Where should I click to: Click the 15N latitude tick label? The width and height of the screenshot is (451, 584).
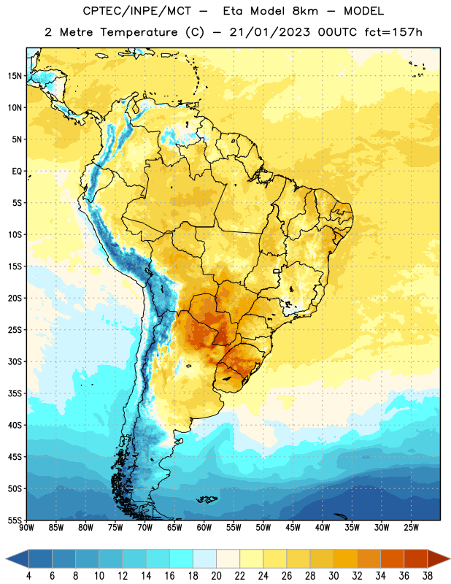point(15,76)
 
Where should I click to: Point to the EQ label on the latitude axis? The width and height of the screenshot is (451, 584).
point(17,172)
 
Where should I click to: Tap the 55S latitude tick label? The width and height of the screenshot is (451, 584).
point(15,520)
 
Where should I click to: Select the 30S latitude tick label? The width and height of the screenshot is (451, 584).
point(15,361)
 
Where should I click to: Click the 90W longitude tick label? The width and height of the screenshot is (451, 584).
point(26,528)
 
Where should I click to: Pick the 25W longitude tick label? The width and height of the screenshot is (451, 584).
point(411,528)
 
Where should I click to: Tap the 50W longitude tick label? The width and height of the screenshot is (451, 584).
point(263,528)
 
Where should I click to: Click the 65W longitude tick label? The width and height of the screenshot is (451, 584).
point(174,528)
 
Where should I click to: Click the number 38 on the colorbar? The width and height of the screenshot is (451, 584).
point(428,576)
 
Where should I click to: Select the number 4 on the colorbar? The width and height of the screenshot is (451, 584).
point(28,576)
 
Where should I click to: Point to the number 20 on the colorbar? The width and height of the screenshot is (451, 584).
point(216,576)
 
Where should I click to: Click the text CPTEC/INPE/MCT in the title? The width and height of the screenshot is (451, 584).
point(137,11)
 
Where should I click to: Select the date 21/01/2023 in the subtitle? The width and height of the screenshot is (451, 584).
point(269,32)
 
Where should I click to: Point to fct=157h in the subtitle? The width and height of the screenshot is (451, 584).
point(393,32)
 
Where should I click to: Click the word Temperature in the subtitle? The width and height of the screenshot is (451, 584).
point(139,33)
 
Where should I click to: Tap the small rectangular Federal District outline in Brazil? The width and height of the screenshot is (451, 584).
point(277,271)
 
